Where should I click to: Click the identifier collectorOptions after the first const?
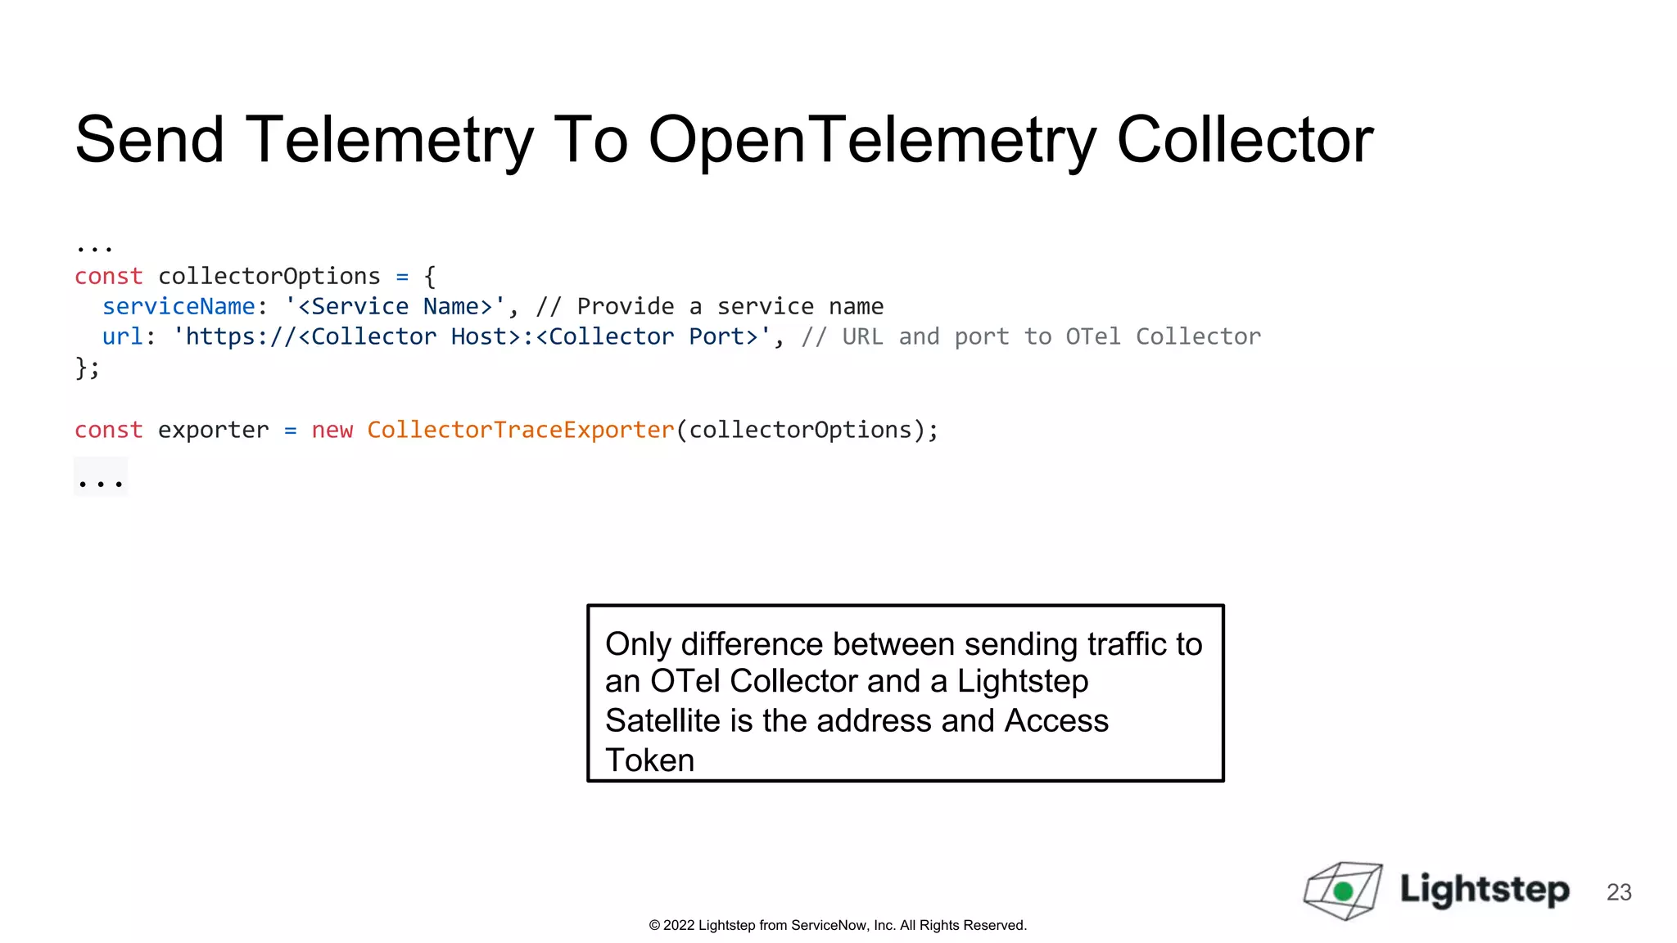pos(269,277)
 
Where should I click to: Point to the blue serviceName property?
pos(179,307)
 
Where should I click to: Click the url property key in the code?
pos(122,337)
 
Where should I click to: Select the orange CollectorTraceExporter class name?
pos(521,431)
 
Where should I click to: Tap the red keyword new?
pos(332,431)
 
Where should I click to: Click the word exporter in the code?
pos(213,431)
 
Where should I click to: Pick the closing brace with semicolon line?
pos(88,368)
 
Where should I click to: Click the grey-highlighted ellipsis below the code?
pos(100,480)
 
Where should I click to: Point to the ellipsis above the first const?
pos(94,246)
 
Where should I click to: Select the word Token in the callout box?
pos(649,760)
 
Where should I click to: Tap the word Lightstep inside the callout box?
pos(1023,681)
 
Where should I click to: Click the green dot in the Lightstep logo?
pos(1343,891)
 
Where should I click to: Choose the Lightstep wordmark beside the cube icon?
pos(1484,890)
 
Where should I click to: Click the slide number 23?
pos(1619,892)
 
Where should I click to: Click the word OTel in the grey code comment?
pos(1093,337)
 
